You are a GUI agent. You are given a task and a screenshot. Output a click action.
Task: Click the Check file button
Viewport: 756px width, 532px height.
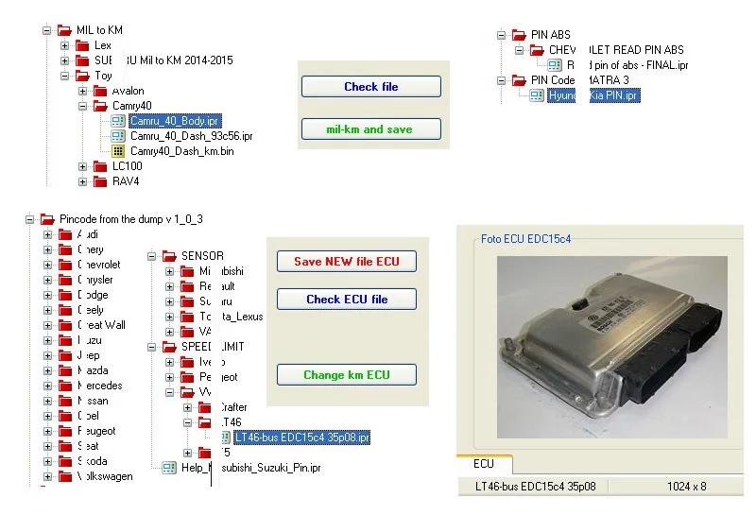tap(370, 87)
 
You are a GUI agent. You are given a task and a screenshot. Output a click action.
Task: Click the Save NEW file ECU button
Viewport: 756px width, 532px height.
tap(346, 262)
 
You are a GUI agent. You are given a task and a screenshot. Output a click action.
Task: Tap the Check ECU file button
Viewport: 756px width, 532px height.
tap(346, 300)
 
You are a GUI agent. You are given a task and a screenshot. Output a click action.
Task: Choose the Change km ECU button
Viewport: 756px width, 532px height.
tap(346, 375)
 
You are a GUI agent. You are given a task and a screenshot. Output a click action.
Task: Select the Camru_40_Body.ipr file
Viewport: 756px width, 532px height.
tap(175, 121)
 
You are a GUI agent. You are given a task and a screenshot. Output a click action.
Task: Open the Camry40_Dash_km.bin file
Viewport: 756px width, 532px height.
tap(181, 151)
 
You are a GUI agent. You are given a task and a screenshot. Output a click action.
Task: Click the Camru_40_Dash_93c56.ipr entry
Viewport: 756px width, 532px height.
tap(191, 136)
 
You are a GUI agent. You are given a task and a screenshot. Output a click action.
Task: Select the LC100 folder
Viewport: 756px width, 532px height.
tap(127, 166)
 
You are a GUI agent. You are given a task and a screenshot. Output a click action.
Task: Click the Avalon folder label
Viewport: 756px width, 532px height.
tap(128, 91)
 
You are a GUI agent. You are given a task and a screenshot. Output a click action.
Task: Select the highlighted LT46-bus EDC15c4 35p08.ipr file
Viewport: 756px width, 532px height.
tap(301, 438)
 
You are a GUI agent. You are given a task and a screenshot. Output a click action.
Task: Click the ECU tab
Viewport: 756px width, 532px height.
tap(483, 464)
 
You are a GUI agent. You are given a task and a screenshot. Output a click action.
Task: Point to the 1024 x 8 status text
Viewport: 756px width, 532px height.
tap(686, 487)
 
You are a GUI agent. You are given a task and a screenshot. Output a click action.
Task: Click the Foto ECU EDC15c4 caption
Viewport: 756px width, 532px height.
tap(525, 239)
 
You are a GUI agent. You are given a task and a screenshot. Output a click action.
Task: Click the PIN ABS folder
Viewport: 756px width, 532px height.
tap(551, 35)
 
